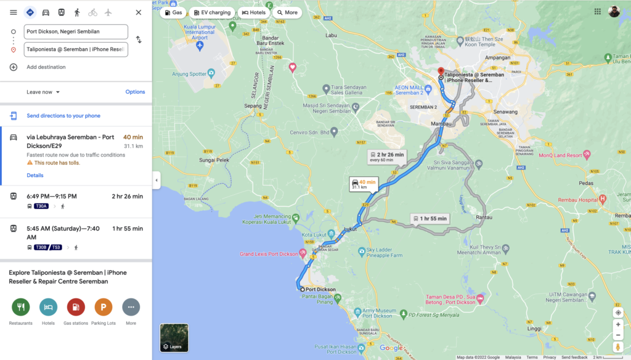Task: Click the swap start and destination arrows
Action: pyautogui.click(x=139, y=40)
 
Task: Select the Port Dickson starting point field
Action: pyautogui.click(x=76, y=31)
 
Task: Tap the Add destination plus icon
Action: pyautogui.click(x=14, y=67)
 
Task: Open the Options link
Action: pyautogui.click(x=135, y=92)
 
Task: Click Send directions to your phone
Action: pyautogui.click(x=63, y=116)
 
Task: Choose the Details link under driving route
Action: pyautogui.click(x=35, y=175)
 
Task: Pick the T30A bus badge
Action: pyautogui.click(x=41, y=206)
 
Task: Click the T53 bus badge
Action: pyautogui.click(x=55, y=247)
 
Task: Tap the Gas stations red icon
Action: pyautogui.click(x=76, y=307)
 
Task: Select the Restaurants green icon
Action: pyautogui.click(x=20, y=307)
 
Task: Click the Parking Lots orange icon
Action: pyautogui.click(x=104, y=307)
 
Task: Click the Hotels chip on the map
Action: pyautogui.click(x=254, y=12)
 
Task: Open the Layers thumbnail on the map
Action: pyautogui.click(x=174, y=337)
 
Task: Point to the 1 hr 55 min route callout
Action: pyautogui.click(x=430, y=219)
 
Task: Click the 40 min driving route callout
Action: pyautogui.click(x=364, y=184)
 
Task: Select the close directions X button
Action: pyautogui.click(x=138, y=12)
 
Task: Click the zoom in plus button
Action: pyautogui.click(x=618, y=324)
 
